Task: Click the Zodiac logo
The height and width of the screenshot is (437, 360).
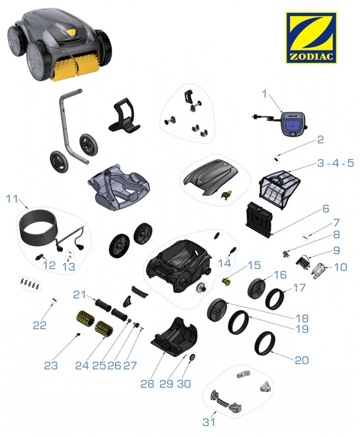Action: tap(311, 38)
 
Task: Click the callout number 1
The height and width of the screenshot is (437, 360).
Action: tap(264, 94)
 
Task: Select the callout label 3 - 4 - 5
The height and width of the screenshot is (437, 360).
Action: tap(336, 163)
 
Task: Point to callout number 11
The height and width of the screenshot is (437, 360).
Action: tap(12, 199)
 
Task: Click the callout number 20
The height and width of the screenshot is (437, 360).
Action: tap(302, 360)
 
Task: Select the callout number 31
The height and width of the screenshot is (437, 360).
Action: tap(209, 422)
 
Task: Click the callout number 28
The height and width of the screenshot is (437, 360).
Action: tap(147, 384)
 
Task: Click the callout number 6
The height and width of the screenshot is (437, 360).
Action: tap(326, 209)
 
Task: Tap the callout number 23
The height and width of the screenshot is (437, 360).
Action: tap(51, 366)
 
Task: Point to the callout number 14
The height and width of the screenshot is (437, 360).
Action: tap(225, 263)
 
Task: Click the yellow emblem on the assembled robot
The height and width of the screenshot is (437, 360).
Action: tap(71, 32)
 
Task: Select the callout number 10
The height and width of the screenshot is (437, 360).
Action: tap(340, 267)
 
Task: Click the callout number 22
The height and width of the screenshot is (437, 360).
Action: tap(40, 325)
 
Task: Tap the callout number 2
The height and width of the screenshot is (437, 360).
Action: tap(321, 140)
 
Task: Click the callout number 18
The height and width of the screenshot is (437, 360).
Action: tap(302, 318)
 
